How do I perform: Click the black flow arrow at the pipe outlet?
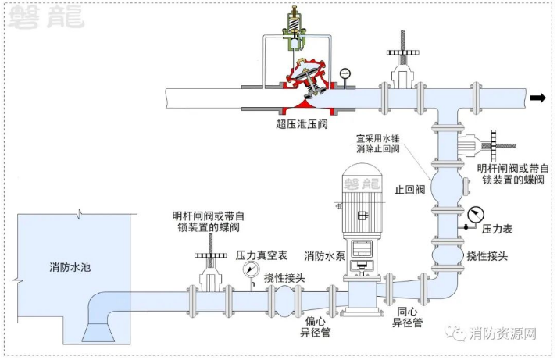(x=537, y=98)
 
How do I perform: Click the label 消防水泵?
(x=325, y=256)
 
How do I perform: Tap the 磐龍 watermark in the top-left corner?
(x=46, y=16)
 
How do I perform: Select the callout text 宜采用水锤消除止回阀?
(x=377, y=144)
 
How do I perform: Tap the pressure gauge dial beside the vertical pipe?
(x=476, y=216)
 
